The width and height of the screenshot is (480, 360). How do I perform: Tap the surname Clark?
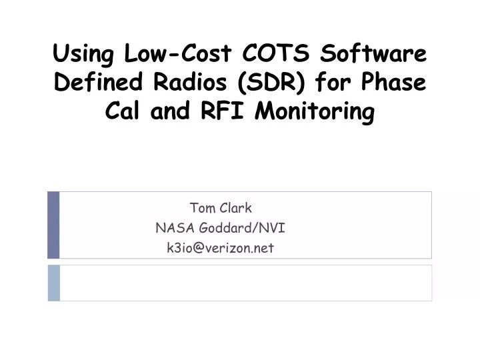pyautogui.click(x=237, y=207)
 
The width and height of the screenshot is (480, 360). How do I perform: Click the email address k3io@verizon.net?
pyautogui.click(x=220, y=248)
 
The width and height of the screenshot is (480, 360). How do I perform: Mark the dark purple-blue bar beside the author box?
pyautogui.click(x=53, y=225)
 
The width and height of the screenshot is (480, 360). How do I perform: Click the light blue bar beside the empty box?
pyautogui.click(x=53, y=283)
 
